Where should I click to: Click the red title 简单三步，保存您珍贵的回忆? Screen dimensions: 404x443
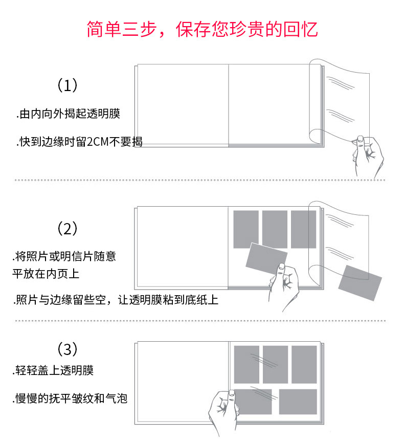(x=202, y=29)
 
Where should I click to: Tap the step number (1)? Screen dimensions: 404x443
(x=67, y=85)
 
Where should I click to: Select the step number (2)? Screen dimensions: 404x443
(x=67, y=228)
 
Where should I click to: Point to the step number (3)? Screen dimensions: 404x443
(x=67, y=349)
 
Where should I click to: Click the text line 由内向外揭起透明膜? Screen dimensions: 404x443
(x=68, y=114)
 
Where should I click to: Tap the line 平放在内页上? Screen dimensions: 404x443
(x=46, y=274)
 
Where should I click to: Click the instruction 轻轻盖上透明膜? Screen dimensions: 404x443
(x=53, y=370)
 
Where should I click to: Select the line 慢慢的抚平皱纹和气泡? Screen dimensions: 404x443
(x=70, y=398)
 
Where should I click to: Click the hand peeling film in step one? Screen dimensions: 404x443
(x=367, y=156)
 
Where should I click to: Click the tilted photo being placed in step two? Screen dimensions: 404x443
(x=266, y=258)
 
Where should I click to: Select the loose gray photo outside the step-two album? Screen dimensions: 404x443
(x=360, y=282)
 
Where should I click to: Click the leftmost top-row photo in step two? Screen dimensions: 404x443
(x=246, y=229)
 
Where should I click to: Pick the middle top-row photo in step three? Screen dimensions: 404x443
(x=276, y=364)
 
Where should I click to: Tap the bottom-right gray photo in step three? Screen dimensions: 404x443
(x=298, y=402)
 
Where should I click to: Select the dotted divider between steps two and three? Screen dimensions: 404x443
(x=200, y=321)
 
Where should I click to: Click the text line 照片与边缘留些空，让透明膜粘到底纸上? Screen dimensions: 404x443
(x=116, y=300)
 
